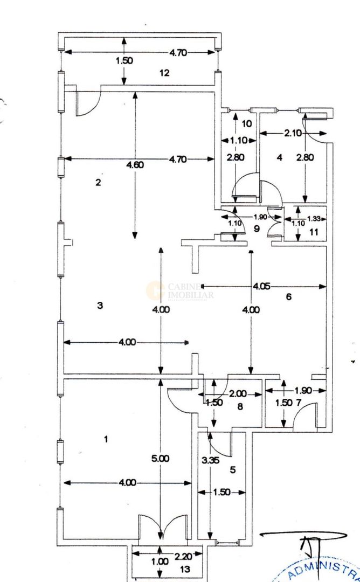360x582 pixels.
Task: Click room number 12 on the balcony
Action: (x=164, y=73)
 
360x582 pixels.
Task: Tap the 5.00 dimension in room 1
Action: (x=161, y=459)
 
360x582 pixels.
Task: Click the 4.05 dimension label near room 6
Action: (x=261, y=286)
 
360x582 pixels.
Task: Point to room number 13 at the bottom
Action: (x=186, y=569)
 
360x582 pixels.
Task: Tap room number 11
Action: (x=314, y=232)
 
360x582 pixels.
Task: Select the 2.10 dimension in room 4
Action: (x=293, y=133)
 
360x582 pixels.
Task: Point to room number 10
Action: (x=247, y=123)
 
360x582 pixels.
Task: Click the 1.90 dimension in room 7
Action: (x=303, y=390)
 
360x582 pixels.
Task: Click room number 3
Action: (x=100, y=306)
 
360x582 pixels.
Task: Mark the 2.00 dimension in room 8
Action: (x=238, y=394)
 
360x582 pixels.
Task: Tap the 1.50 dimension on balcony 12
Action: (x=124, y=61)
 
